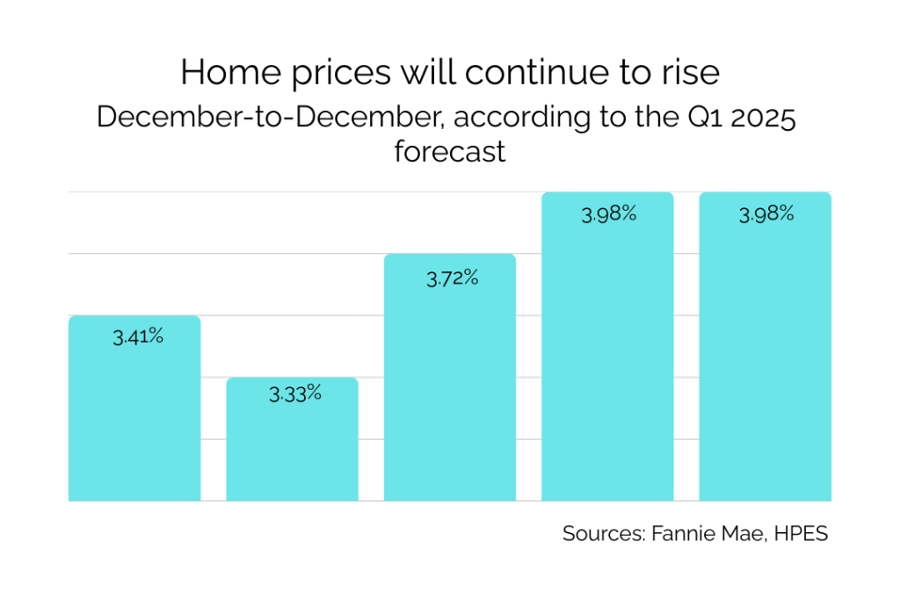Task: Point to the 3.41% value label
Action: pos(138,336)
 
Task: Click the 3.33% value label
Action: pos(295,393)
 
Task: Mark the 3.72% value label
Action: pos(453,279)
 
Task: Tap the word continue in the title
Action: pos(542,73)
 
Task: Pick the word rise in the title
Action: pos(692,73)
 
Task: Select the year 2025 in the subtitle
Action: pos(758,118)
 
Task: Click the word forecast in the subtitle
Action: pos(450,151)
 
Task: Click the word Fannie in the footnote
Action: pos(679,534)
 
